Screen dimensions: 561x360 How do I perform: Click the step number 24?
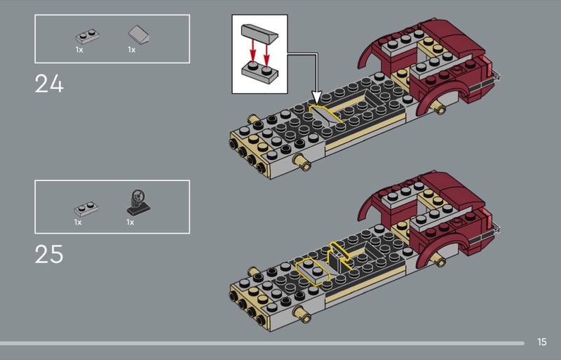(x=49, y=84)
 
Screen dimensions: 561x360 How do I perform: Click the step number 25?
(x=49, y=254)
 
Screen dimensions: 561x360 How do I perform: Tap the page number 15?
(x=541, y=342)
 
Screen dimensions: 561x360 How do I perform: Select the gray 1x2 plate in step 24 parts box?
(x=87, y=36)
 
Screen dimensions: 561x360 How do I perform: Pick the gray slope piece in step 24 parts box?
(x=138, y=35)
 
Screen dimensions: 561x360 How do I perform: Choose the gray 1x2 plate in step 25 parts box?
(x=86, y=209)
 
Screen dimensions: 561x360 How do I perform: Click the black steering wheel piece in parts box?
(x=138, y=203)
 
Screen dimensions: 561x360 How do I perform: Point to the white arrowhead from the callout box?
(x=316, y=98)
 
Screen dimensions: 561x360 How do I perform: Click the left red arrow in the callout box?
(x=253, y=51)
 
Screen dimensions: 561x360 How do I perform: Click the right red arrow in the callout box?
(x=266, y=55)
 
